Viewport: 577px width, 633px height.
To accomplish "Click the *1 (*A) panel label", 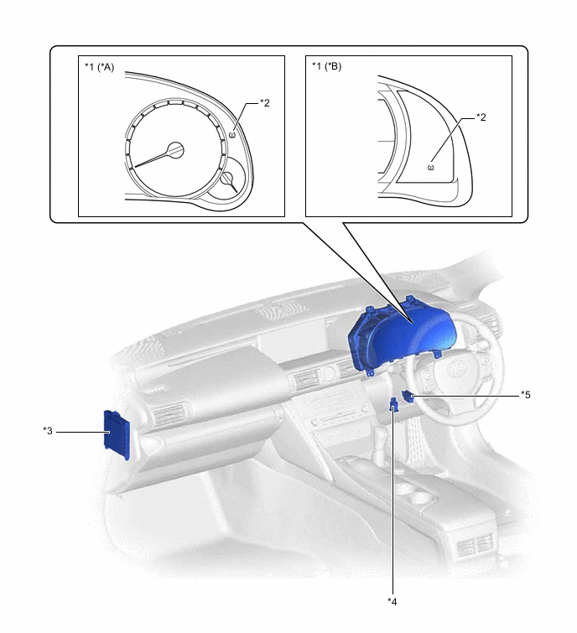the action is pyautogui.click(x=99, y=67).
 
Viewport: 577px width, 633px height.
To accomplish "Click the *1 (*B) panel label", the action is pyautogui.click(x=326, y=65).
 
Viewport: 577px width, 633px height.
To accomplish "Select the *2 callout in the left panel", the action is pyautogui.click(x=264, y=103).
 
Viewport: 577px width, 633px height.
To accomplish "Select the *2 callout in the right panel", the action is pyautogui.click(x=481, y=117).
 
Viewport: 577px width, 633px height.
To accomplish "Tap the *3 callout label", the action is pyautogui.click(x=48, y=431).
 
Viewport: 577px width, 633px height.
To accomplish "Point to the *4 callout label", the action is pyautogui.click(x=392, y=601).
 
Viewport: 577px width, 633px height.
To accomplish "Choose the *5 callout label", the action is pyautogui.click(x=525, y=394).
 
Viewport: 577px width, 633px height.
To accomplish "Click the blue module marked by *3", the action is pyautogui.click(x=117, y=434).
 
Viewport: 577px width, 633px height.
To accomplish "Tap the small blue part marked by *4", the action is pyautogui.click(x=393, y=405).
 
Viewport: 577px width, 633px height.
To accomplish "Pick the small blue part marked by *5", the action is pyautogui.click(x=408, y=396).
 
